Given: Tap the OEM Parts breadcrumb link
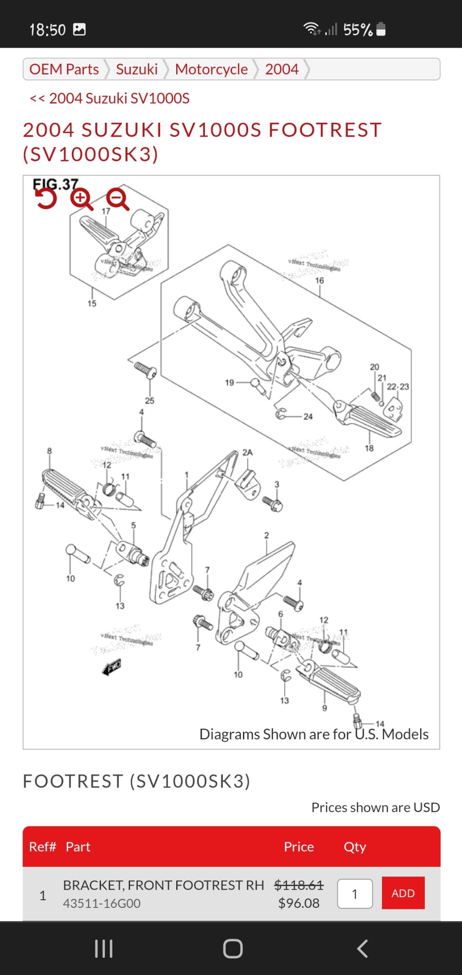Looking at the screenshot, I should click(64, 70).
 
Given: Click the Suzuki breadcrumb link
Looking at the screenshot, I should click(137, 70).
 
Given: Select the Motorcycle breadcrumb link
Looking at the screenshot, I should click(211, 70).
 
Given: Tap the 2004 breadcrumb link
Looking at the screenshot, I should click(282, 70).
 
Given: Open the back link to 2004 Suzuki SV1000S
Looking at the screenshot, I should click(110, 99).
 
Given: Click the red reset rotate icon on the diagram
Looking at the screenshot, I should click(46, 199).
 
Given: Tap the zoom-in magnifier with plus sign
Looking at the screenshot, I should click(81, 199).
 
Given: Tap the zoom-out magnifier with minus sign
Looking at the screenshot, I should click(118, 199).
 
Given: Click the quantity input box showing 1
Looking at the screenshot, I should click(355, 894).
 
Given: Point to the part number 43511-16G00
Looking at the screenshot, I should click(102, 903).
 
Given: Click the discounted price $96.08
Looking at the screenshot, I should click(299, 903).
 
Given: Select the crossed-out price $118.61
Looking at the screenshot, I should click(299, 885).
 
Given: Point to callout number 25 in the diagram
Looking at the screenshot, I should click(150, 400).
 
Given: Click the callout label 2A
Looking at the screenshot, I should click(247, 452).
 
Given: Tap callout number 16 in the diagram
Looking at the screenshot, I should click(320, 281).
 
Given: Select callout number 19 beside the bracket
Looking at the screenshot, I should click(230, 382).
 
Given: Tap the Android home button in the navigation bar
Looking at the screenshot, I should click(232, 948).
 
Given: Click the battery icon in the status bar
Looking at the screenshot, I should click(381, 30).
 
